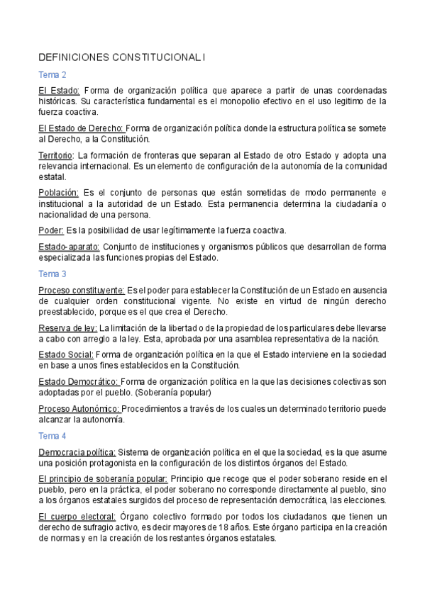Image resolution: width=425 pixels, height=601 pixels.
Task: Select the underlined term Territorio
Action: coord(55,155)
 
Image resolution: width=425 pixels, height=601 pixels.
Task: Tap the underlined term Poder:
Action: coord(51,230)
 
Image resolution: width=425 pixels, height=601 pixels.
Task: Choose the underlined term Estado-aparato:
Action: coord(70,247)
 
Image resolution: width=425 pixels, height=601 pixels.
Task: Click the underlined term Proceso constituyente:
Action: coord(82,290)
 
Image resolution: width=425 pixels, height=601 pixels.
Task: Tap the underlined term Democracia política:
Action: coord(77,452)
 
